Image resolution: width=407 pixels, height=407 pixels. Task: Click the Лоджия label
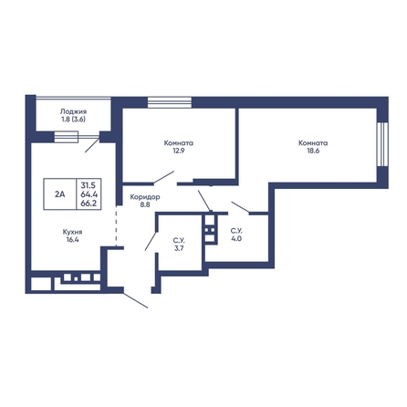click(73, 111)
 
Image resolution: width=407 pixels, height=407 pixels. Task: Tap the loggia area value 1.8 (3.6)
click(73, 120)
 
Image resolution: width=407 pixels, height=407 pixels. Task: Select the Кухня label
click(72, 232)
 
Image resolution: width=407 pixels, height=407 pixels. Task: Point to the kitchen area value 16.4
click(72, 240)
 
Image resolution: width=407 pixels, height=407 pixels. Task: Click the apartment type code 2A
click(60, 194)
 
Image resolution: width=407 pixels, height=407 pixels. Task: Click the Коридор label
click(145, 197)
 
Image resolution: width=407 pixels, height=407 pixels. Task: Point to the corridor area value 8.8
click(145, 205)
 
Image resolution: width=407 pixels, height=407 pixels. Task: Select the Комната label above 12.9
click(179, 142)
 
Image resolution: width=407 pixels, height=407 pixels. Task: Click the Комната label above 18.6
click(313, 142)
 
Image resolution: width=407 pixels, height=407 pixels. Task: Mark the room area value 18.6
click(313, 151)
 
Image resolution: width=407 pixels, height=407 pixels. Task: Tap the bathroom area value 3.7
click(179, 248)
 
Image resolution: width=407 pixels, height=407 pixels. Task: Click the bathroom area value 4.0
click(236, 239)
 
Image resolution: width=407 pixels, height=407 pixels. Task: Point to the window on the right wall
click(382, 144)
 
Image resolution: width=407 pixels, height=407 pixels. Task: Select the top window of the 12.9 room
click(170, 102)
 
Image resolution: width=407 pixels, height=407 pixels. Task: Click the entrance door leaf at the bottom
click(136, 300)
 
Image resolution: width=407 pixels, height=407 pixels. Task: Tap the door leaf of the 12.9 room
click(163, 178)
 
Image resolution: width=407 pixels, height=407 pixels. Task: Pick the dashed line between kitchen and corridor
click(116, 226)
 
